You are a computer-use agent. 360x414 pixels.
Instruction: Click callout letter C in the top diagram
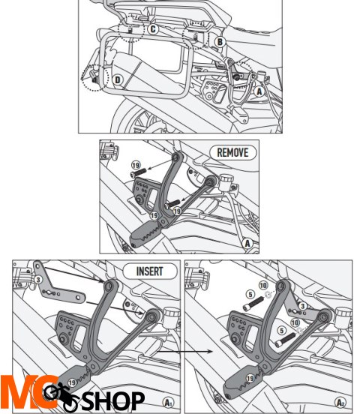pos(153,29)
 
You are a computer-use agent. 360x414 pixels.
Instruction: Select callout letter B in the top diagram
pos(219,41)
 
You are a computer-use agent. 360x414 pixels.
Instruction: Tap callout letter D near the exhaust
pos(117,79)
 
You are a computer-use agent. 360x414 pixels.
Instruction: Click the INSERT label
pos(155,270)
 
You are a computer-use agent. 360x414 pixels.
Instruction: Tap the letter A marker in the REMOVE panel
pos(247,242)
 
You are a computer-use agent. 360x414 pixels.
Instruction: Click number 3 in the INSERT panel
pos(35,279)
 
